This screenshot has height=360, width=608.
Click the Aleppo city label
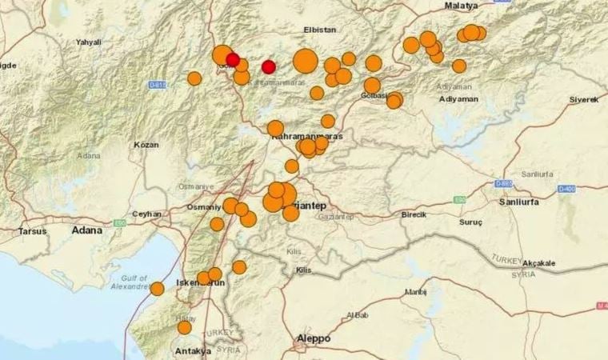tap(314, 338)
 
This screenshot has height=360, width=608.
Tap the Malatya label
tap(461, 6)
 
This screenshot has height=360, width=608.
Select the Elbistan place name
tap(320, 30)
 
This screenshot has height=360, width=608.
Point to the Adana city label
tap(86, 230)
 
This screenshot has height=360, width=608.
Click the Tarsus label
tap(33, 231)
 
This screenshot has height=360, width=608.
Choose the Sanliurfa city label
tap(542, 202)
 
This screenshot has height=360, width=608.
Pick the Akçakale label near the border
tap(539, 262)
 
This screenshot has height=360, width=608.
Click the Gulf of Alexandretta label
tap(130, 281)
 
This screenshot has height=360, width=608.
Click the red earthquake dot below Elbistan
tap(269, 67)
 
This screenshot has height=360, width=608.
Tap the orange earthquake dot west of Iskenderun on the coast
tap(157, 289)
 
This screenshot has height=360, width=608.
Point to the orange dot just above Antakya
tap(184, 327)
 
